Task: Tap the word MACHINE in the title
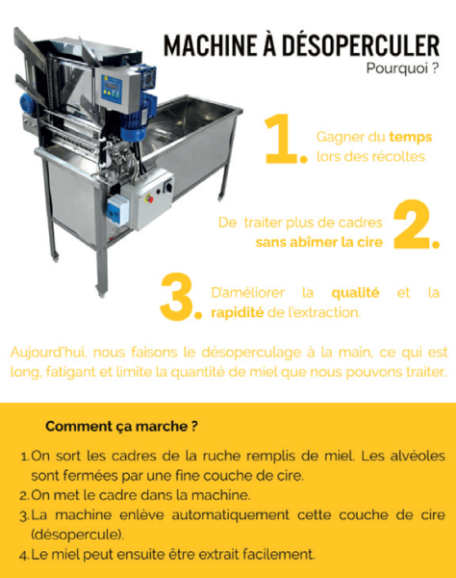coord(211,45)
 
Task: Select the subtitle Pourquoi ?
coord(402,68)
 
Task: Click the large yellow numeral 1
coord(282,139)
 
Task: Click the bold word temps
coord(411,137)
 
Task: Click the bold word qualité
coord(355,293)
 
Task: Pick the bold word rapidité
coord(237,312)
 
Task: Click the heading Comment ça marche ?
coord(121,427)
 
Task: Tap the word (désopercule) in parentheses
coord(77,535)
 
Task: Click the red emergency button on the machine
coord(149,199)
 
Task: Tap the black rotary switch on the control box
coord(167,186)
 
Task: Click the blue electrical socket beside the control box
coord(117,209)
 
